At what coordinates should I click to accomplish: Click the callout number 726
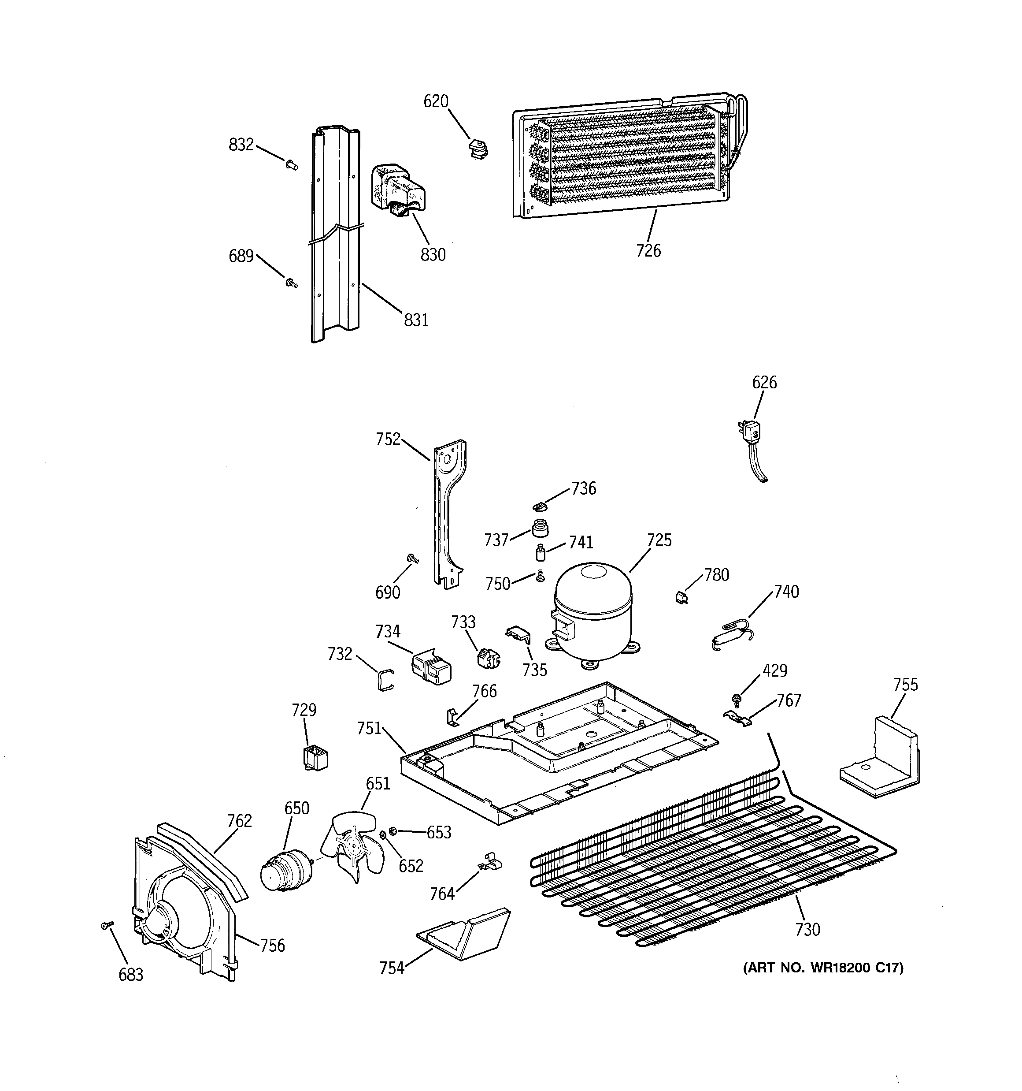click(648, 251)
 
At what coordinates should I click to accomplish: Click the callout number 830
click(433, 255)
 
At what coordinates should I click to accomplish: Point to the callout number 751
click(369, 728)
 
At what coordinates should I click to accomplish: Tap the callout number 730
click(807, 929)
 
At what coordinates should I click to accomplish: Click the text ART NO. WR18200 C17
click(823, 968)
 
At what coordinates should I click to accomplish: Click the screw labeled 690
click(412, 559)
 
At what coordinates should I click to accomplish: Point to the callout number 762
click(239, 820)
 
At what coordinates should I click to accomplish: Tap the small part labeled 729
click(315, 757)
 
